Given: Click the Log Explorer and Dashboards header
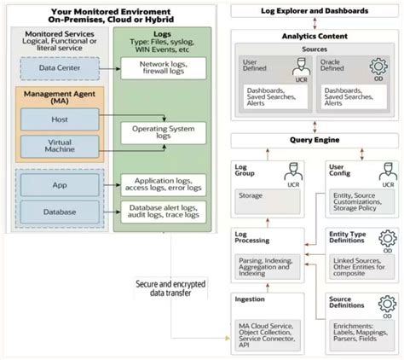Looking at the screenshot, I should (x=314, y=11).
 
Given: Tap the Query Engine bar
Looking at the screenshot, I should (x=314, y=139).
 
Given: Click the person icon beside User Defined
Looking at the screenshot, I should (x=297, y=67).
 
